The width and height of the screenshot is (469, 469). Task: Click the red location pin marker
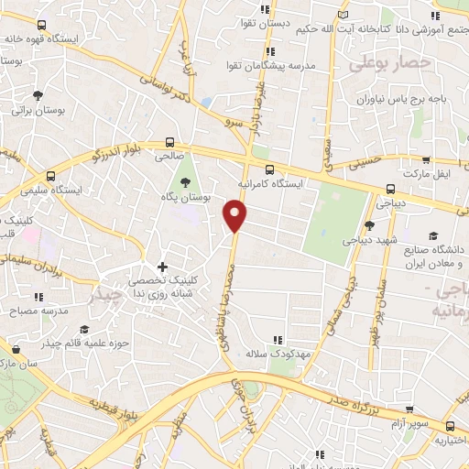[235, 216]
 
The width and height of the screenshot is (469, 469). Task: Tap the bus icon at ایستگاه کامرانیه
[269, 169]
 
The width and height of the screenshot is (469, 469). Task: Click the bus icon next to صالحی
[169, 142]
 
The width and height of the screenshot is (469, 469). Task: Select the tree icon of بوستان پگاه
[188, 181]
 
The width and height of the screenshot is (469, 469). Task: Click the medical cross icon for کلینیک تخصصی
[163, 267]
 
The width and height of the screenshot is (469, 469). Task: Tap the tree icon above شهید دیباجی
[368, 225]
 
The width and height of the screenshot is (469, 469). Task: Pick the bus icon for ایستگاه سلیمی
[50, 176]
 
